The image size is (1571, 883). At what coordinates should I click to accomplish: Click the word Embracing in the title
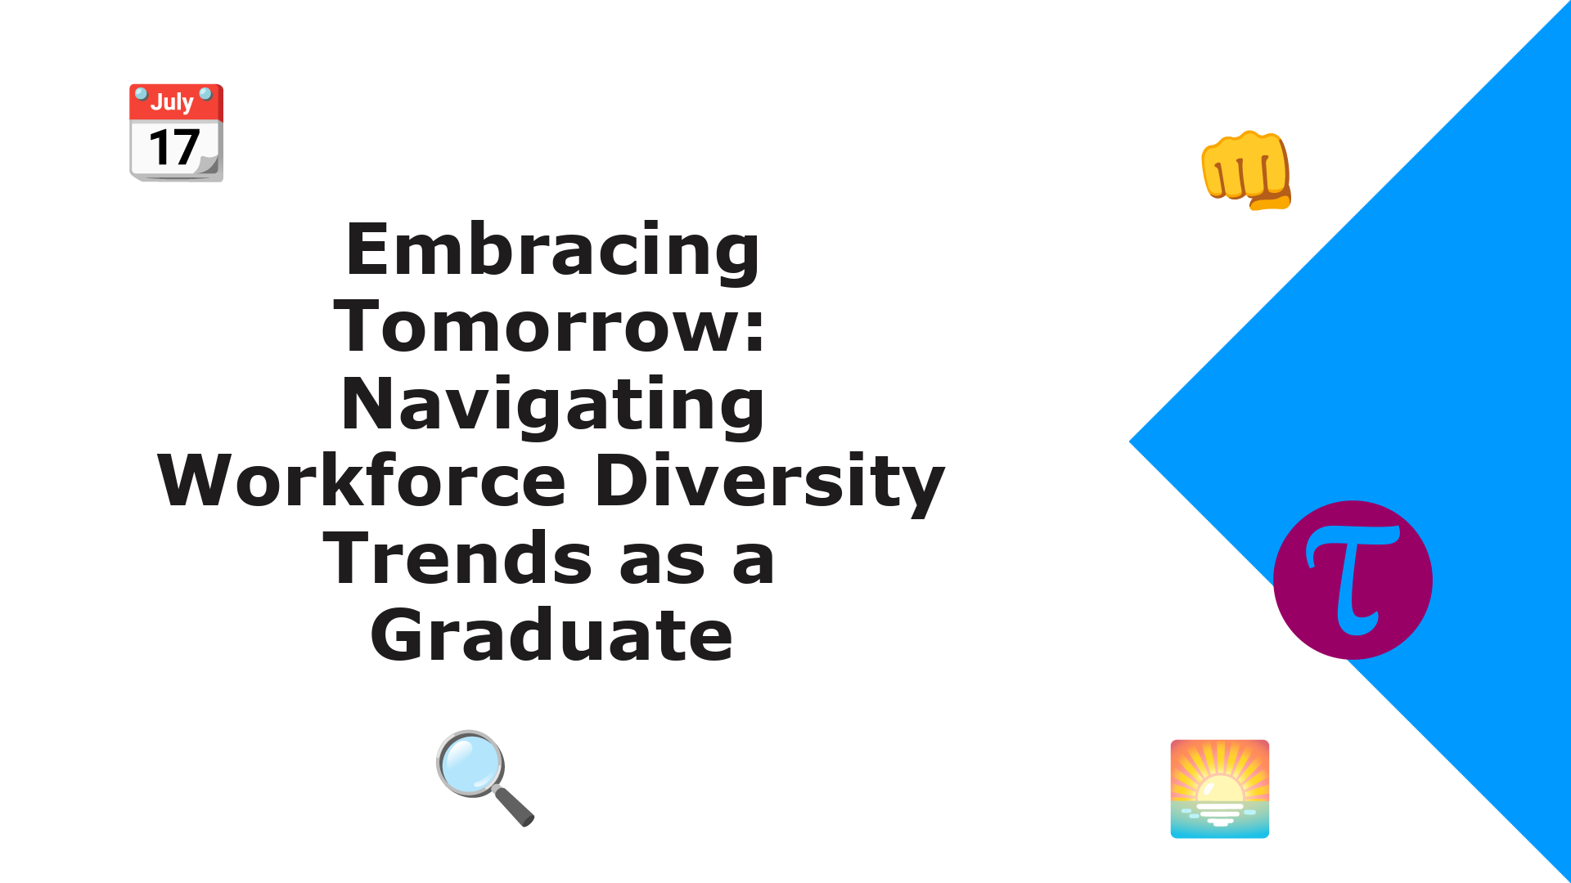pos(553,250)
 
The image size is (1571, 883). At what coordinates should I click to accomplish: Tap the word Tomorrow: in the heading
pos(550,327)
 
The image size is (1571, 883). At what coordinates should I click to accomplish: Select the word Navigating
pos(553,405)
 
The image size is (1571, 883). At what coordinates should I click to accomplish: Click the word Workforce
pos(362,482)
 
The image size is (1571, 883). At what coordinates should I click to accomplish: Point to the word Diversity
pos(770,482)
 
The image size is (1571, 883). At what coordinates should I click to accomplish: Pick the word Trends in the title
pos(457,558)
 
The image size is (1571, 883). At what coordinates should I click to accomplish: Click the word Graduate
pos(551,635)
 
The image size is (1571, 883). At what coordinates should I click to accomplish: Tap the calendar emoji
pos(176,132)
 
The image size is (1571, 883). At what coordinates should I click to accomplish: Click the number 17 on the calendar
pos(174,148)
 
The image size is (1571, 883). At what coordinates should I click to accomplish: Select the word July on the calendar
pos(172,102)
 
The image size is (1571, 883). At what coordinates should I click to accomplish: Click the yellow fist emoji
pos(1246,170)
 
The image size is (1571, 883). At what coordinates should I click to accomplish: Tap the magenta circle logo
pos(1353,580)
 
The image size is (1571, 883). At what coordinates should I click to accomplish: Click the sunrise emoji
pos(1219,789)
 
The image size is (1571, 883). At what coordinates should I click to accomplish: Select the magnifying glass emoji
pos(484,778)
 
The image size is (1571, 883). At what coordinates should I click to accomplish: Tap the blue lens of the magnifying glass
pos(470,765)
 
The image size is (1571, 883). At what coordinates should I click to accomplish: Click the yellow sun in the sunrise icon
pos(1219,791)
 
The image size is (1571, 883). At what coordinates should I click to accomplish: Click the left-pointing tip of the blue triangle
pos(1130,441)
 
